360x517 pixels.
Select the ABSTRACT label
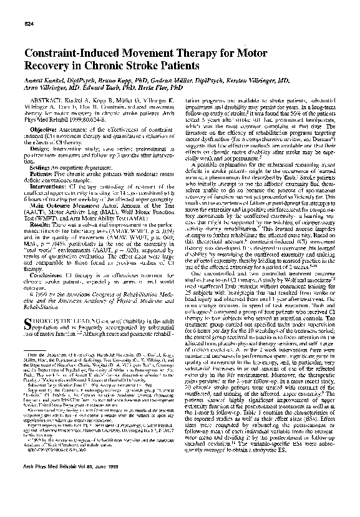point(49,100)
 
